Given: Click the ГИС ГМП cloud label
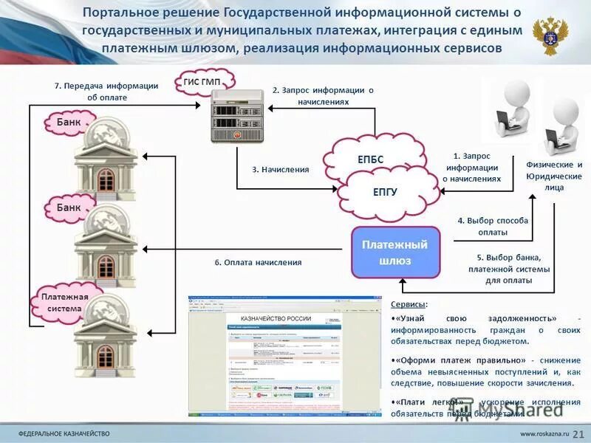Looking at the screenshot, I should (207, 80).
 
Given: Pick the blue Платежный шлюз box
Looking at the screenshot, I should (395, 252).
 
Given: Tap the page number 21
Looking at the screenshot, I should (578, 432).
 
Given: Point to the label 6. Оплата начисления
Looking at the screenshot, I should (258, 262).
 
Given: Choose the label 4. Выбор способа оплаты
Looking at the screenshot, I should (492, 226).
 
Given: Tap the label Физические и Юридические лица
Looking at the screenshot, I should (554, 176).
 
